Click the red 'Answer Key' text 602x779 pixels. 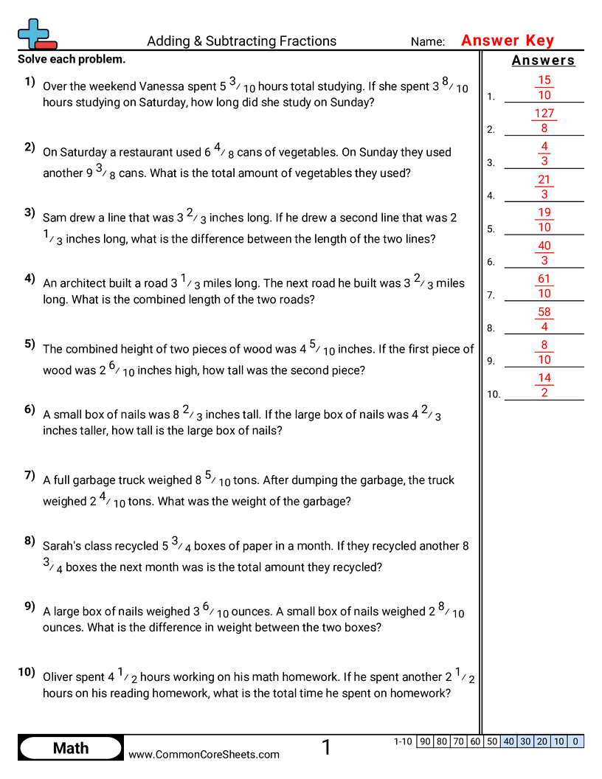507,41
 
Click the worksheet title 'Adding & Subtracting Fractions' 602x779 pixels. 241,41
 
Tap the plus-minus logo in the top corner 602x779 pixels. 36,34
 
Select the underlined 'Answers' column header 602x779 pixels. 543,60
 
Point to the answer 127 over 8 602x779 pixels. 544,121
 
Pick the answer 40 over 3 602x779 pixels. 544,253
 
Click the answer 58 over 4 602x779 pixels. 544,319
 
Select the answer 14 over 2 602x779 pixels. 544,385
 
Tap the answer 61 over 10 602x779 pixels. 544,286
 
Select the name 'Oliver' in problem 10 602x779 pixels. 58,676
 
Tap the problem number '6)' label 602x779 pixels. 30,409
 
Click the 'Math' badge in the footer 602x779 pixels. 71,748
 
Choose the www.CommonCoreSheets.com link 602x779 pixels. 204,754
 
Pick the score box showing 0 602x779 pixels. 575,741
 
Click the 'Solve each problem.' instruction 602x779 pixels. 72,59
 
